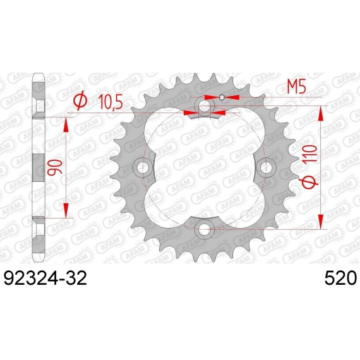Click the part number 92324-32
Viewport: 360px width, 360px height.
45,278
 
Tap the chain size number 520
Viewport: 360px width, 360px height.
340,278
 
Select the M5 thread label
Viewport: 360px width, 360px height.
297,87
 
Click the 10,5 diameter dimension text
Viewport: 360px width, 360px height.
111,102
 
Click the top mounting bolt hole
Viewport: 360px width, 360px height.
204,106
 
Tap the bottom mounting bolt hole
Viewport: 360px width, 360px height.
204,229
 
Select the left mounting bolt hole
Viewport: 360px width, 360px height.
143,167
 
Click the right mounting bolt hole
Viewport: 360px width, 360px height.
266,167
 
